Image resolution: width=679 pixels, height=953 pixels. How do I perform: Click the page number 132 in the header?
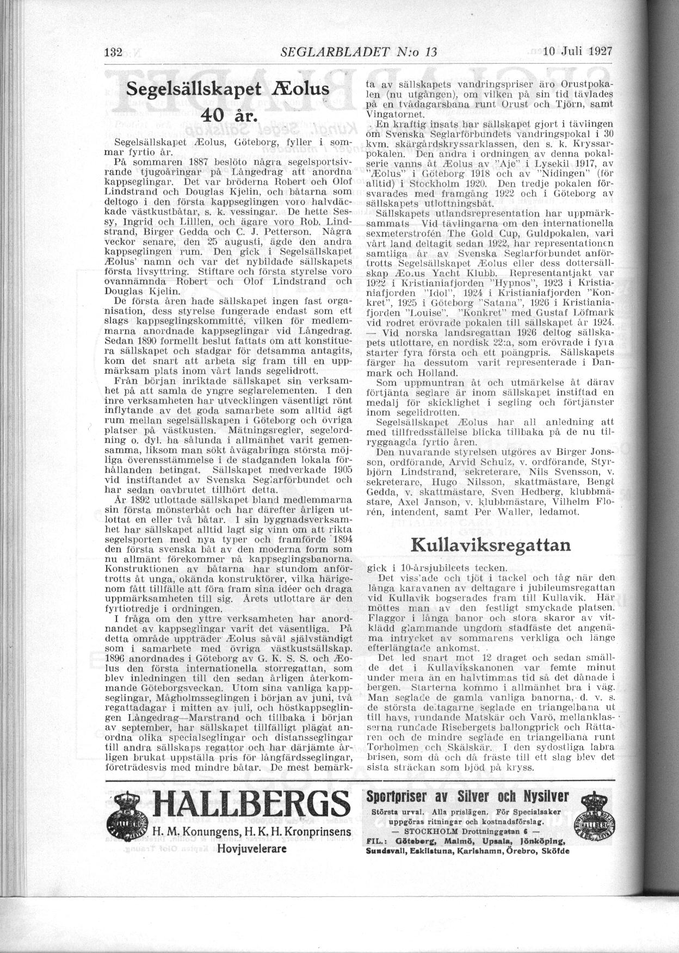(113, 53)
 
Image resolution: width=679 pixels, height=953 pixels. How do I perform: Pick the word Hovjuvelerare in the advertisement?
(251, 849)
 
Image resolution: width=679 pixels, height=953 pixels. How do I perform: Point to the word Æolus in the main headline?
(303, 89)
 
